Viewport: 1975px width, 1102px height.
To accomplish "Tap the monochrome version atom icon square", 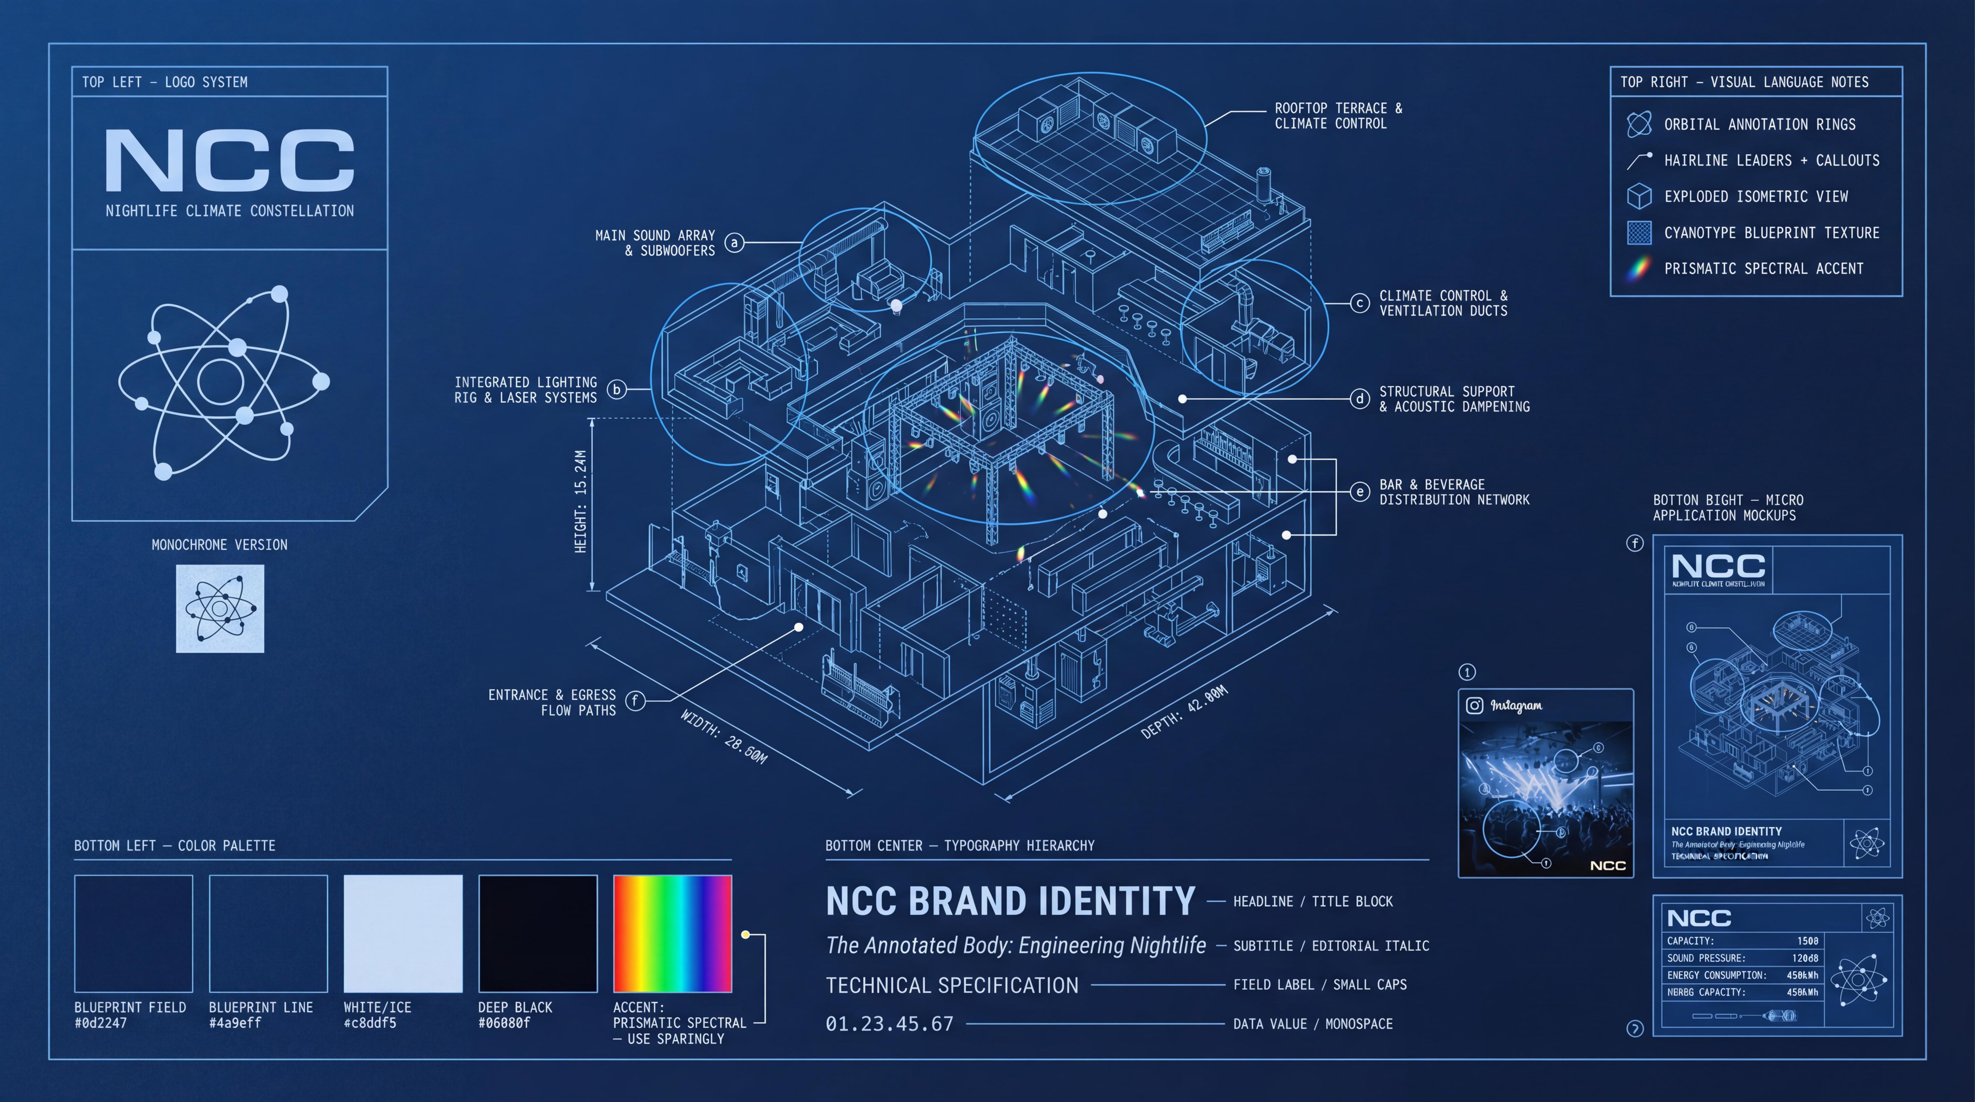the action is (220, 608).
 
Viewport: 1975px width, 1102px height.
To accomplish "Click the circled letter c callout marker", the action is (1359, 303).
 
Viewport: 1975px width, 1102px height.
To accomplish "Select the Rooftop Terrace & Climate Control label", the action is (1338, 116).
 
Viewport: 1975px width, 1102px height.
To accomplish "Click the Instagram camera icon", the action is (1474, 705).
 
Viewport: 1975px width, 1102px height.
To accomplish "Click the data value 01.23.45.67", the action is (890, 1024).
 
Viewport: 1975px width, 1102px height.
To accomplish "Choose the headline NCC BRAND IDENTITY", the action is (1010, 901).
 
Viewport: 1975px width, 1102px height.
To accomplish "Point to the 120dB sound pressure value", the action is (1805, 958).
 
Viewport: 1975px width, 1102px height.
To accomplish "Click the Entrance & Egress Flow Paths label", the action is (552, 702).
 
